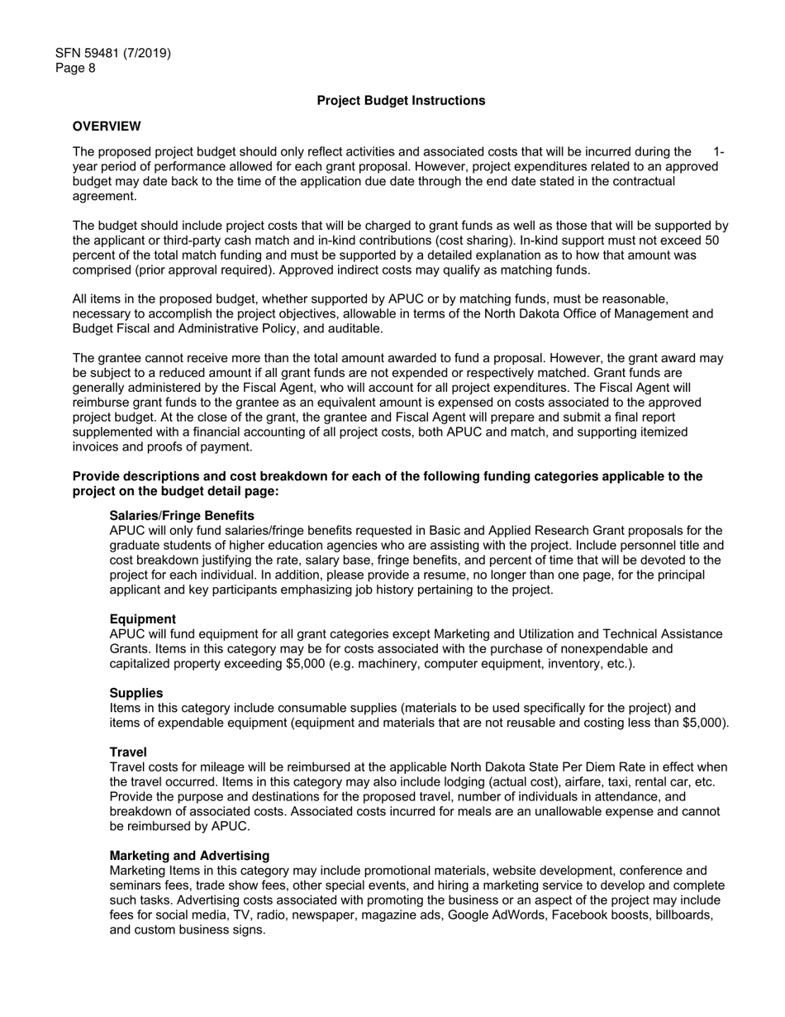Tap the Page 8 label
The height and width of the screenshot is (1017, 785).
click(75, 68)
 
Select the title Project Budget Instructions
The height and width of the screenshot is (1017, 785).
click(401, 100)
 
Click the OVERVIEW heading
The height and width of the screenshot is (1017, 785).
click(107, 127)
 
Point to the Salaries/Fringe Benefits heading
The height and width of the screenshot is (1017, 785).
click(182, 515)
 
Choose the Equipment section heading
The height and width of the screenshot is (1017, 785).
click(142, 619)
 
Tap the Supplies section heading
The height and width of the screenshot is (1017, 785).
click(136, 693)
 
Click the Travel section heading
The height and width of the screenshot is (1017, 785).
click(128, 752)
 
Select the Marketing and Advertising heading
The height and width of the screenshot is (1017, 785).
click(189, 856)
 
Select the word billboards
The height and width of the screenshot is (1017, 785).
click(682, 915)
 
